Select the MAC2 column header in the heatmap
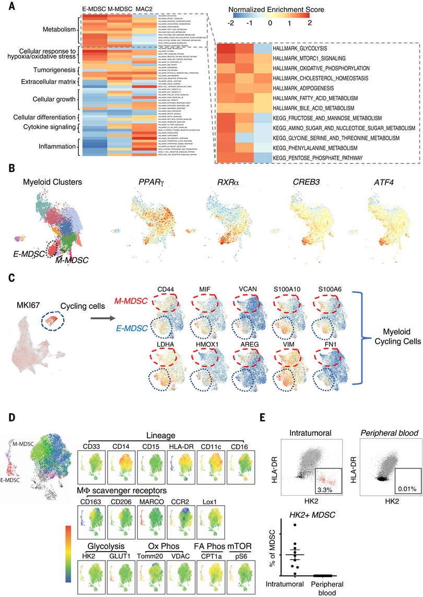[144, 9]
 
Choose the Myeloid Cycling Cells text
[393, 332]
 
